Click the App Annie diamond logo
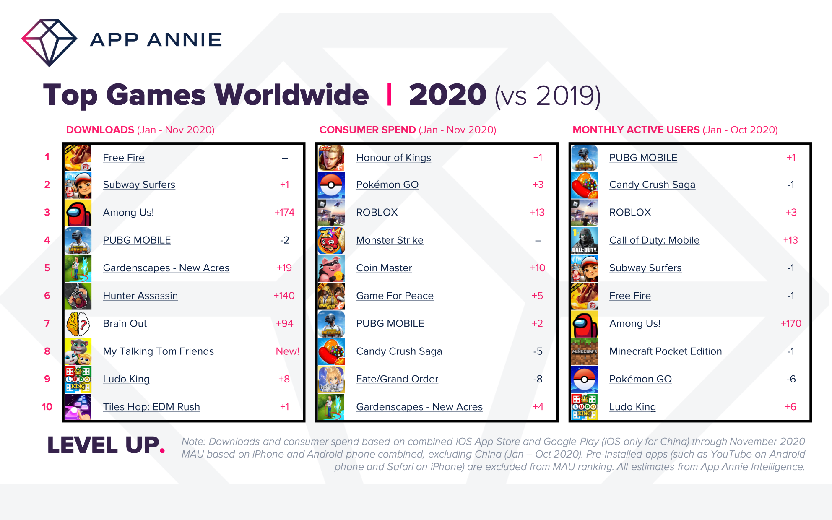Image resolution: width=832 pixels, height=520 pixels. [x=49, y=42]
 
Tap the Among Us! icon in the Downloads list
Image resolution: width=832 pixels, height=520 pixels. [x=78, y=213]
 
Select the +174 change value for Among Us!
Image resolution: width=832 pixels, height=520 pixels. [x=284, y=213]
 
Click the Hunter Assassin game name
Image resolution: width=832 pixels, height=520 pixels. [x=140, y=296]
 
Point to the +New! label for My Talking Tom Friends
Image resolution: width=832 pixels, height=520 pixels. [x=284, y=351]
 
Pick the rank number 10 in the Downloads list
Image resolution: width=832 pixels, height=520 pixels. [x=47, y=407]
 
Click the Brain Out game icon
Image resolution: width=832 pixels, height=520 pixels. [x=78, y=324]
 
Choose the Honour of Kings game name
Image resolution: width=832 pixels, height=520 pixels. [x=393, y=158]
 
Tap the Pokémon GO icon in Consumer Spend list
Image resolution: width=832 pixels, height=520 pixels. [x=331, y=185]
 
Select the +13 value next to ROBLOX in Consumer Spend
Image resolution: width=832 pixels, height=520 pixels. [x=537, y=213]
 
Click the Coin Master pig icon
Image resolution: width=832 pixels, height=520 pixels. [x=331, y=268]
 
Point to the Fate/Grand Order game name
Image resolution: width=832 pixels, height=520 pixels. [x=397, y=379]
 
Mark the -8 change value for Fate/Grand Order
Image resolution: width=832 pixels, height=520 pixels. [x=538, y=379]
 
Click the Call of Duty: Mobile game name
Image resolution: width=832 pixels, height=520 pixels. [x=654, y=240]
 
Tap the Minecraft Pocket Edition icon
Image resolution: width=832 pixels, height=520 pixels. [x=585, y=351]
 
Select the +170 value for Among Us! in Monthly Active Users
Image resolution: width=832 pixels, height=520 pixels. [x=791, y=324]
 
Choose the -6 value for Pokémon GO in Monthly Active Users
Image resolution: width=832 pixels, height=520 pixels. [x=791, y=379]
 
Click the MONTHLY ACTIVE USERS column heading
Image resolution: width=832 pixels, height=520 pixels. [x=636, y=130]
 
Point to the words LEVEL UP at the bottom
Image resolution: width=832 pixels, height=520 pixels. [x=104, y=445]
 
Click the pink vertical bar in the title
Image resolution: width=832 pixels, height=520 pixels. [x=389, y=95]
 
